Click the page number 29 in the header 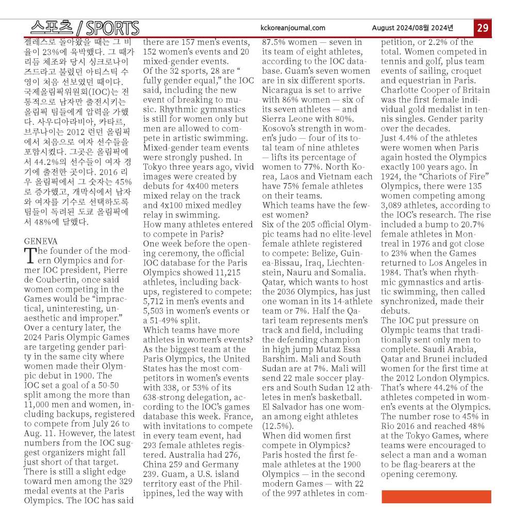coord(482,28)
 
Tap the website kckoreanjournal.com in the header coord(293,28)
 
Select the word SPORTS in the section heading coord(112,28)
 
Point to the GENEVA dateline coord(41,241)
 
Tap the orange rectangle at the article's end coord(436,497)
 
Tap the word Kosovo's coord(281,129)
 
